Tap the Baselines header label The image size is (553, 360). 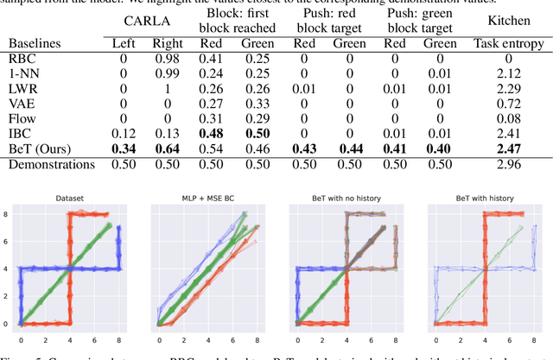point(37,42)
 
